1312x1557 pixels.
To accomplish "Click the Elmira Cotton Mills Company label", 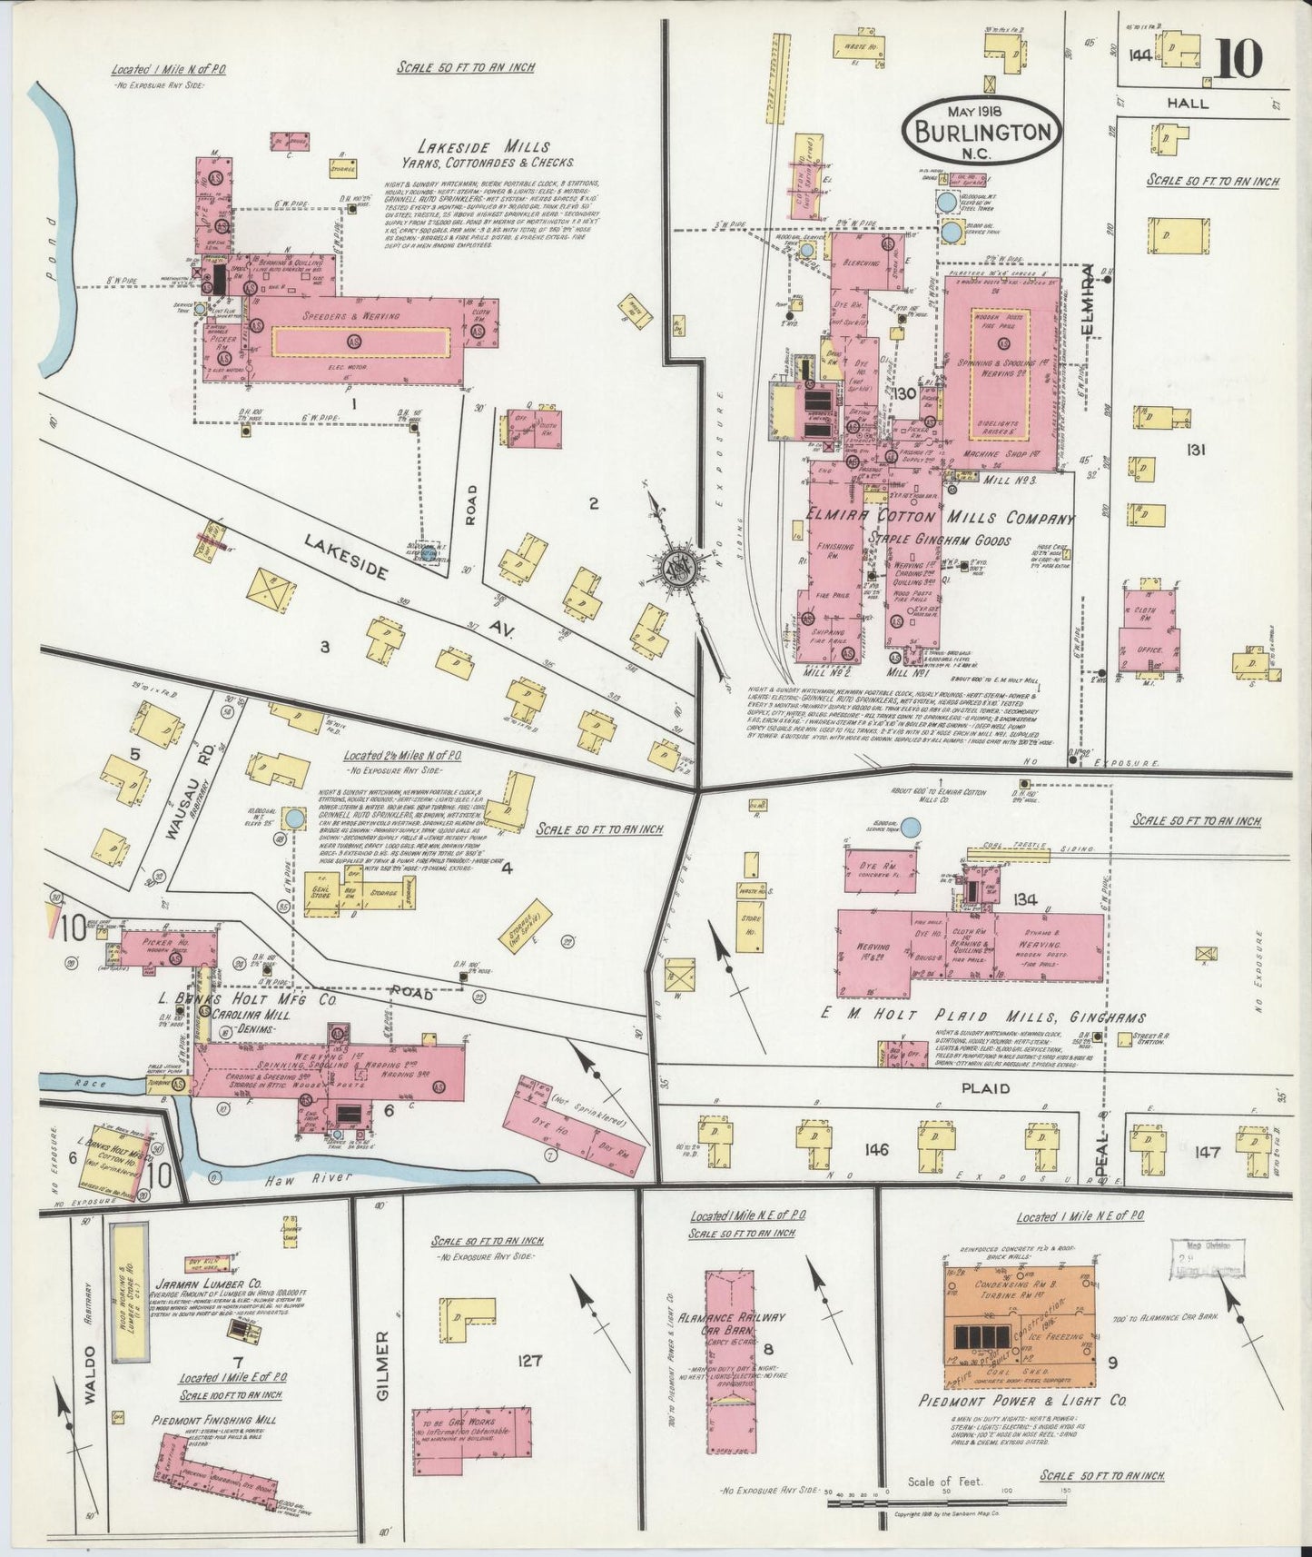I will tap(939, 519).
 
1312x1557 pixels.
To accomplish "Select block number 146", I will tap(876, 1151).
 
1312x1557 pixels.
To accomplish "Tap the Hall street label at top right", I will tap(1188, 104).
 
